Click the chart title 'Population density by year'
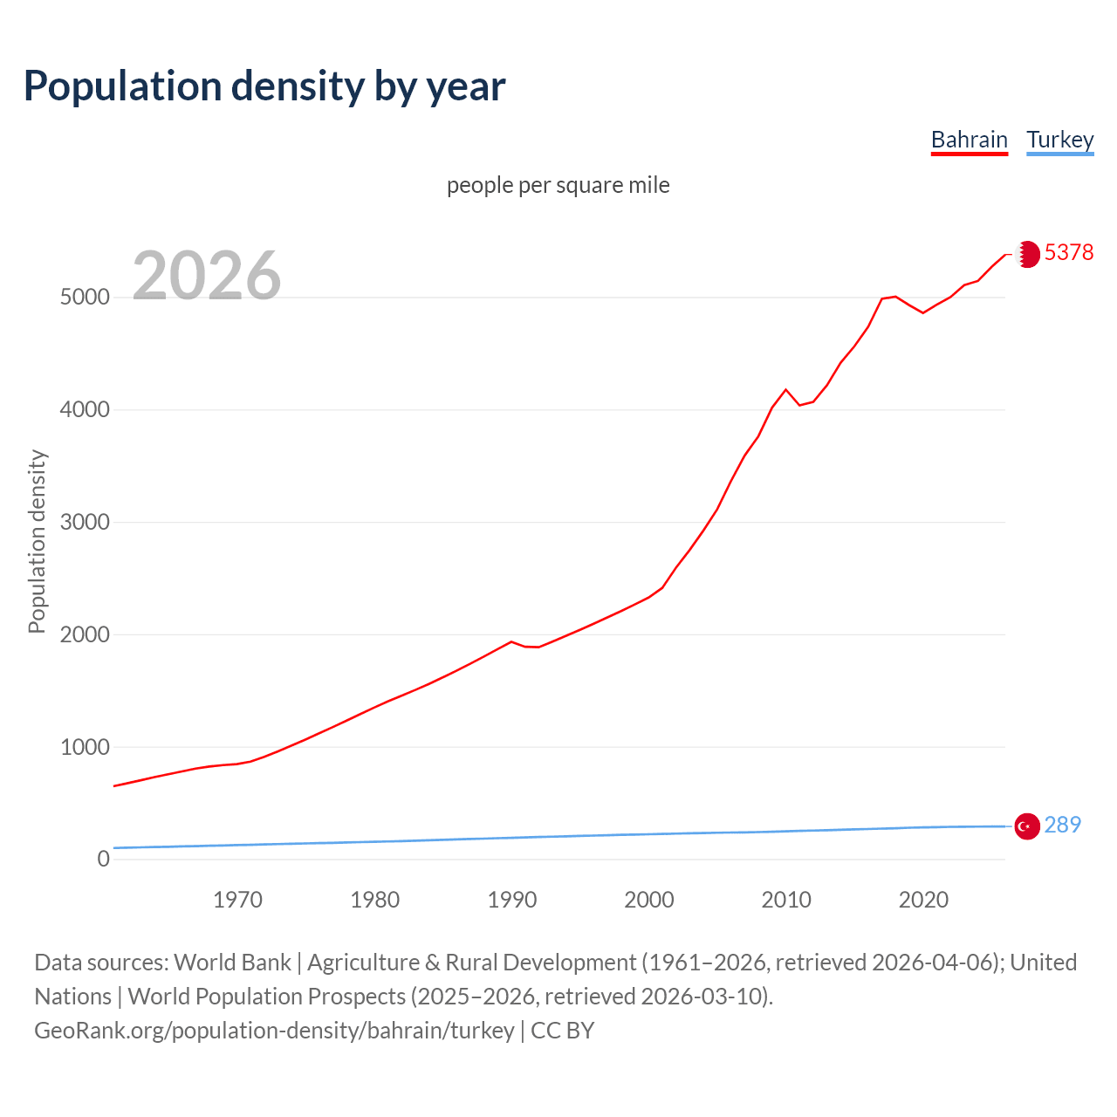264,86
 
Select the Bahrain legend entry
969,140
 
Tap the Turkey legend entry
1059,140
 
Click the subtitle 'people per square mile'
558,186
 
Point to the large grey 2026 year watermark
207,276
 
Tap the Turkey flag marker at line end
1027,826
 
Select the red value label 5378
1068,252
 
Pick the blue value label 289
1062,825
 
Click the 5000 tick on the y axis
85,298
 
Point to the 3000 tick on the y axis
85,523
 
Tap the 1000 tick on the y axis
85,748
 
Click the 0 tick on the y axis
104,860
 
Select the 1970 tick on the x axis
237,900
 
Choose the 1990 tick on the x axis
512,900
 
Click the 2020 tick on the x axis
923,900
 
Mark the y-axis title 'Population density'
37,541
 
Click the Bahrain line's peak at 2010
785,389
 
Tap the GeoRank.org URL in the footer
274,1031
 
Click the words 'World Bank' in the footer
232,963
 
